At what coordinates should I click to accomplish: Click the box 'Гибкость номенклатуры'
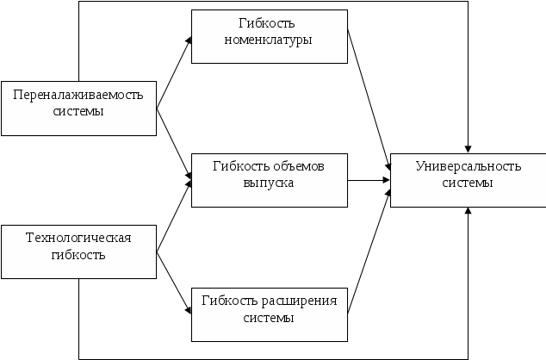click(269, 36)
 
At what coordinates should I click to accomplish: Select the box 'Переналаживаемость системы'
click(78, 108)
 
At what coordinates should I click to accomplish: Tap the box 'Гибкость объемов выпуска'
click(269, 180)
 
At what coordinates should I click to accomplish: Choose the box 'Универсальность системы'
click(467, 178)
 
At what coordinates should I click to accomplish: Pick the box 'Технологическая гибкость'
click(78, 251)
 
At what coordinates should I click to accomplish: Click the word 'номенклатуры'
click(269, 40)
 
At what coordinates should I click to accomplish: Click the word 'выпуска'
click(269, 183)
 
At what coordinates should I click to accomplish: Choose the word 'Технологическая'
click(78, 238)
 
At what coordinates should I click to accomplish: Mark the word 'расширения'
click(292, 301)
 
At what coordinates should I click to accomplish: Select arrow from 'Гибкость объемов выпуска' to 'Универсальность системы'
click(369, 181)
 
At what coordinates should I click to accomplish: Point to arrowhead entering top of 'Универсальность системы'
click(468, 147)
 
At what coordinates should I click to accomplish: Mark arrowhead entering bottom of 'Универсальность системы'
click(468, 211)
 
